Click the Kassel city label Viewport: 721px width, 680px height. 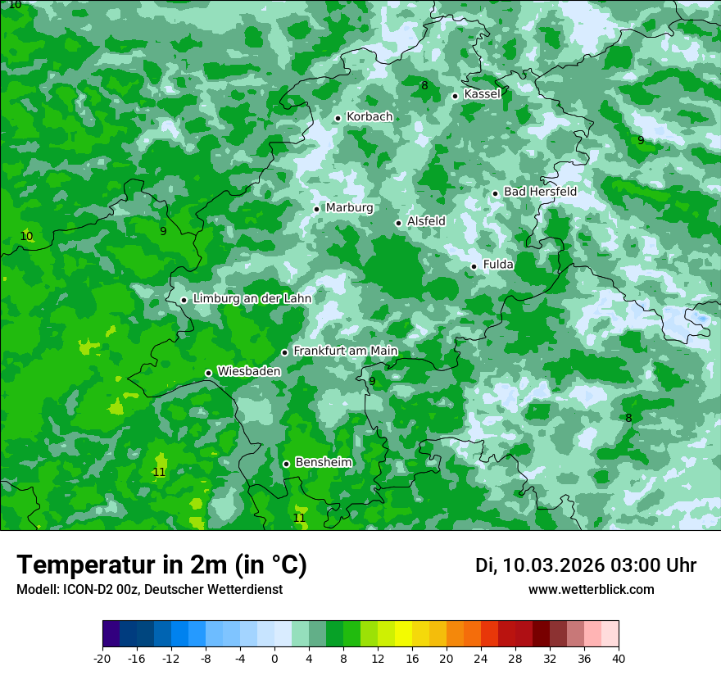[x=482, y=94]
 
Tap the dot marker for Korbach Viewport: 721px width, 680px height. [x=338, y=118]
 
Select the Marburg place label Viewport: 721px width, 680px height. [x=349, y=208]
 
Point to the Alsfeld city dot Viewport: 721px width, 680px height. [x=399, y=223]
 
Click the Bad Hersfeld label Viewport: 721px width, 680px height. [x=540, y=192]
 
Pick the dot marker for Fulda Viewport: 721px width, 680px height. [x=474, y=266]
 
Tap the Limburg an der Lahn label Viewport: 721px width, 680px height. [x=252, y=299]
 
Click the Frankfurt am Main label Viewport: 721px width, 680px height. [x=345, y=351]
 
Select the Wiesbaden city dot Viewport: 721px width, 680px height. [x=209, y=373]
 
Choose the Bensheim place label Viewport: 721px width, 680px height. [x=323, y=463]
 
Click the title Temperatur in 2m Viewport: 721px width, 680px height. [x=161, y=564]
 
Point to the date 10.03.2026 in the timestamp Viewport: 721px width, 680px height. [x=553, y=565]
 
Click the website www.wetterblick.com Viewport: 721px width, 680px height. [x=591, y=590]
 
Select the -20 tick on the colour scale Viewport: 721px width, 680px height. [x=102, y=658]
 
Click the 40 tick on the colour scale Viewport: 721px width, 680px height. [x=619, y=658]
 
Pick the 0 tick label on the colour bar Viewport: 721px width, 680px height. [x=274, y=658]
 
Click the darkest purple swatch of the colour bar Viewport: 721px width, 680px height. [x=111, y=634]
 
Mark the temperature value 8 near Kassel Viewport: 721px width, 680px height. [x=424, y=86]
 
